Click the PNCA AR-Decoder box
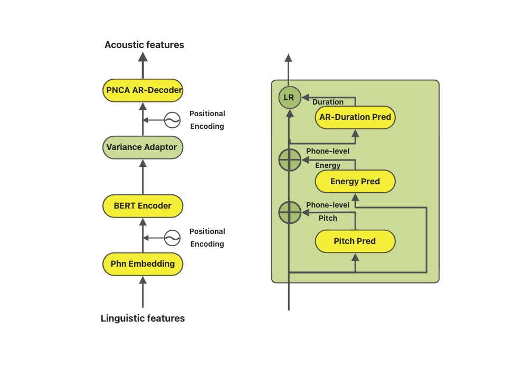pos(142,90)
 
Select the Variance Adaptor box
pos(142,147)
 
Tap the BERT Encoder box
pos(142,205)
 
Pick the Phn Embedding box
pos(142,264)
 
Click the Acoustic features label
pos(144,45)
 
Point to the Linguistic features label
pos(142,318)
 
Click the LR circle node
pos(289,98)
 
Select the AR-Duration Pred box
pos(355,117)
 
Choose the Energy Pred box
pos(355,182)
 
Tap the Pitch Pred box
pos(355,241)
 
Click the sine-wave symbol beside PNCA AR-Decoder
pos(172,120)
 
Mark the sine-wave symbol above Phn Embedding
pos(172,238)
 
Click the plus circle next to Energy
pos(289,161)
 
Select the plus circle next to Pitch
pos(289,213)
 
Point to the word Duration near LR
pos(328,102)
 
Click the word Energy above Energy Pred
pos(328,165)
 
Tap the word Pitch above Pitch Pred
pos(328,218)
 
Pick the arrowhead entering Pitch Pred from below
pos(355,257)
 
